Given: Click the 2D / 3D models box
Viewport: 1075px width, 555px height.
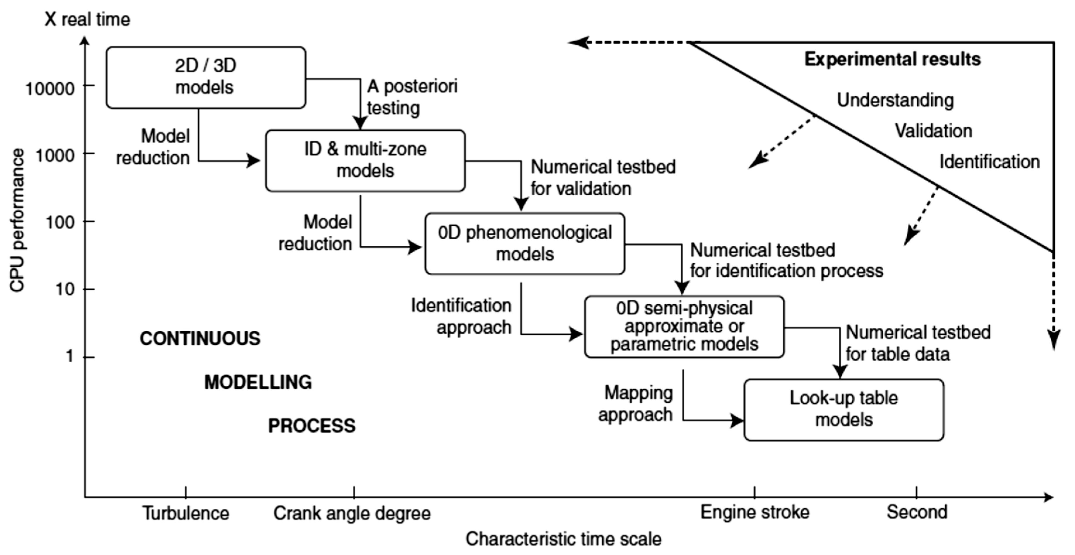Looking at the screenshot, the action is point(206,78).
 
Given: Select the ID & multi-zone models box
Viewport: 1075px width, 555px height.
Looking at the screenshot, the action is point(365,161).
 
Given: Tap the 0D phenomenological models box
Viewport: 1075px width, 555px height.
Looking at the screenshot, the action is point(524,244).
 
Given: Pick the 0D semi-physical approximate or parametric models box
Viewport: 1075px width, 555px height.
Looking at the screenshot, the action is point(684,327).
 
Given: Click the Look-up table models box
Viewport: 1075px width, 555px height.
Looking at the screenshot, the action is point(844,410).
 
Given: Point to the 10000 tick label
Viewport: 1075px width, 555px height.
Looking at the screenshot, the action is point(50,88).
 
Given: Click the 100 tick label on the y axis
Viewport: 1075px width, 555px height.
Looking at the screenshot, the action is point(60,222).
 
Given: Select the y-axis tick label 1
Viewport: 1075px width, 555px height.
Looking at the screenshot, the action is point(70,356).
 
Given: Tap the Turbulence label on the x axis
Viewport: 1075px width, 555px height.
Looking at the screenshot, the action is point(186,513).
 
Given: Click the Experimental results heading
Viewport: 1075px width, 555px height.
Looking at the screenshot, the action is point(892,59).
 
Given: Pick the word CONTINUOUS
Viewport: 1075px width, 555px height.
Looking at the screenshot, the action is point(200,339).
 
